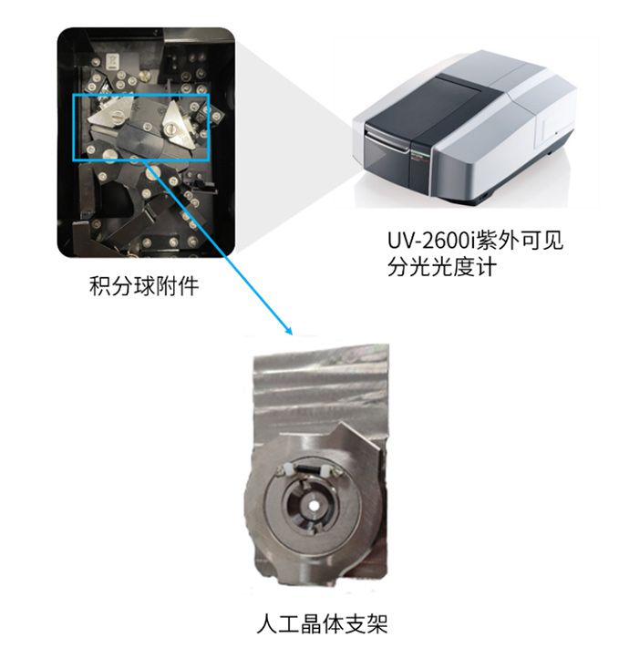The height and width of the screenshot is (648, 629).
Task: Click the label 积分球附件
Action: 144,286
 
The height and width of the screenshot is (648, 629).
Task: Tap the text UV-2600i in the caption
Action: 431,241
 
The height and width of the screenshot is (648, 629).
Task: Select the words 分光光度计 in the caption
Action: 442,266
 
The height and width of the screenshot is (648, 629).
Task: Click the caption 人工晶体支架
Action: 322,624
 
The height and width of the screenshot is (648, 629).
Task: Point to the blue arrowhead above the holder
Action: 289,331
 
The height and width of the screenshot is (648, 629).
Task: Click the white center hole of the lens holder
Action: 314,506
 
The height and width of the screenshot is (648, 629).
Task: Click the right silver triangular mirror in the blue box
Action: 177,124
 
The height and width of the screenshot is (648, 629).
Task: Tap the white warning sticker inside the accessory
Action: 112,61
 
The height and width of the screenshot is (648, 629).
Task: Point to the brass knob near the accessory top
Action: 146,76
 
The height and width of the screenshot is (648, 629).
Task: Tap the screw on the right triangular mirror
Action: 170,130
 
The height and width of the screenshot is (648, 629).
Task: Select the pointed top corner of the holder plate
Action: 341,424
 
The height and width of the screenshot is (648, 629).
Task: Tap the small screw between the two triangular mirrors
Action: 147,124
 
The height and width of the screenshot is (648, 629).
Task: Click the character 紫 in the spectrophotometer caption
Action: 487,240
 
